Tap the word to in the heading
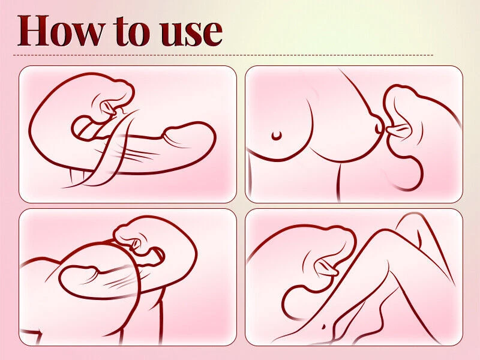(x=132, y=31)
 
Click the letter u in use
(x=172, y=34)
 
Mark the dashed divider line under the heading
(x=223, y=55)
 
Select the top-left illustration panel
(x=128, y=134)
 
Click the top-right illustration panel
(x=354, y=134)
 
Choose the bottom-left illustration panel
(x=128, y=277)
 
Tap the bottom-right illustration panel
(x=354, y=277)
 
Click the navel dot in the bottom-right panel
(x=323, y=326)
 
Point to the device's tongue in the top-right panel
(x=397, y=130)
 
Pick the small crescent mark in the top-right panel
(x=277, y=136)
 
